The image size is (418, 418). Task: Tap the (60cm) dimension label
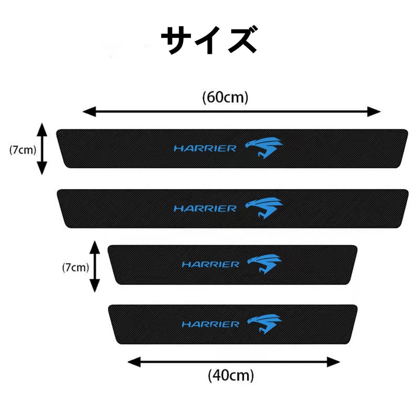coord(225,98)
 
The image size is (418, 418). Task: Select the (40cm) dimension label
coord(231,374)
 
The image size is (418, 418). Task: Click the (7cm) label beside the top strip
coord(23,149)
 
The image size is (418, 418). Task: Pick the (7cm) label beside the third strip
coord(76,267)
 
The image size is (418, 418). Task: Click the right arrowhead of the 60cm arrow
coord(374,111)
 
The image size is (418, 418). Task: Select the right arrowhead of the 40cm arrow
coord(334,361)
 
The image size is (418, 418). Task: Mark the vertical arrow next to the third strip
coord(95,266)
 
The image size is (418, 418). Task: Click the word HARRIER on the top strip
coord(205,149)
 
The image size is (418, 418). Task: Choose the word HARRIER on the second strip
coord(205,209)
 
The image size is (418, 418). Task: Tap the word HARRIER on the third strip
coord(210,265)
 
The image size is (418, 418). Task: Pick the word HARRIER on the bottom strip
coord(210,325)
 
